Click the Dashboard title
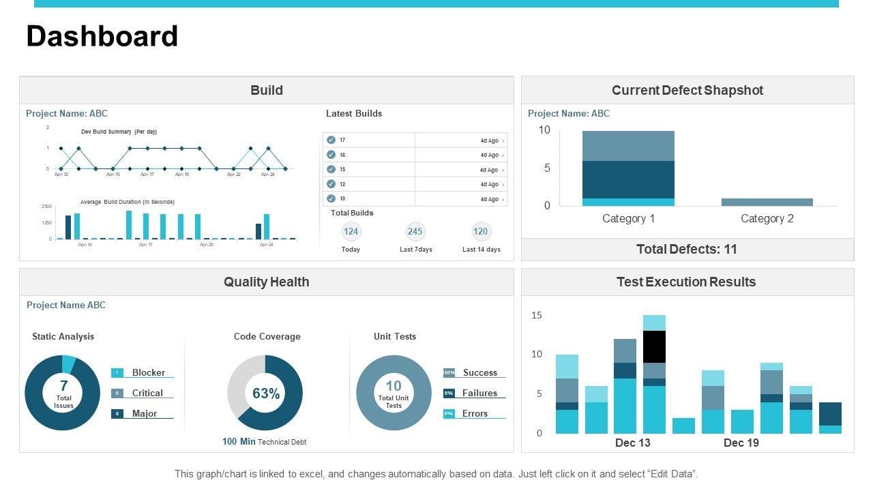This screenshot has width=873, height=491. click(102, 37)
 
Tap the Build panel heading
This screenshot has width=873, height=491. click(267, 90)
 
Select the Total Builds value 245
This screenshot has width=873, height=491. click(415, 231)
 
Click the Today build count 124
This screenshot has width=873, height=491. click(351, 231)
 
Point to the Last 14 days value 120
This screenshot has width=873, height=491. click(481, 231)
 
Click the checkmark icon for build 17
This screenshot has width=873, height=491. click(331, 140)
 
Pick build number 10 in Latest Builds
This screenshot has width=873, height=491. click(342, 199)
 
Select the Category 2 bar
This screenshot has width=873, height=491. click(767, 202)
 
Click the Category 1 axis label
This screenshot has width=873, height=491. click(628, 219)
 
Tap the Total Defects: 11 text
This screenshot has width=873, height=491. click(687, 250)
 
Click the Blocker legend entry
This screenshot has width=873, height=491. click(148, 373)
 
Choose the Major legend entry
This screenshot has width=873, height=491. click(144, 414)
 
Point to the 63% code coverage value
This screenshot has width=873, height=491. click(266, 393)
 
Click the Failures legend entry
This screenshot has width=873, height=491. click(479, 393)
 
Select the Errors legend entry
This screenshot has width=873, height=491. click(475, 414)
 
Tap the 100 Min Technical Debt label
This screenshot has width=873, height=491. click(265, 442)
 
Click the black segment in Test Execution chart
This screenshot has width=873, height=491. click(654, 346)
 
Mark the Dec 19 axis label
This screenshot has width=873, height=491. click(741, 443)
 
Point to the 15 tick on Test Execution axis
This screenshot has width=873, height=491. click(537, 315)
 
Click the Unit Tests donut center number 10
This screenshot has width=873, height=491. click(394, 386)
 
